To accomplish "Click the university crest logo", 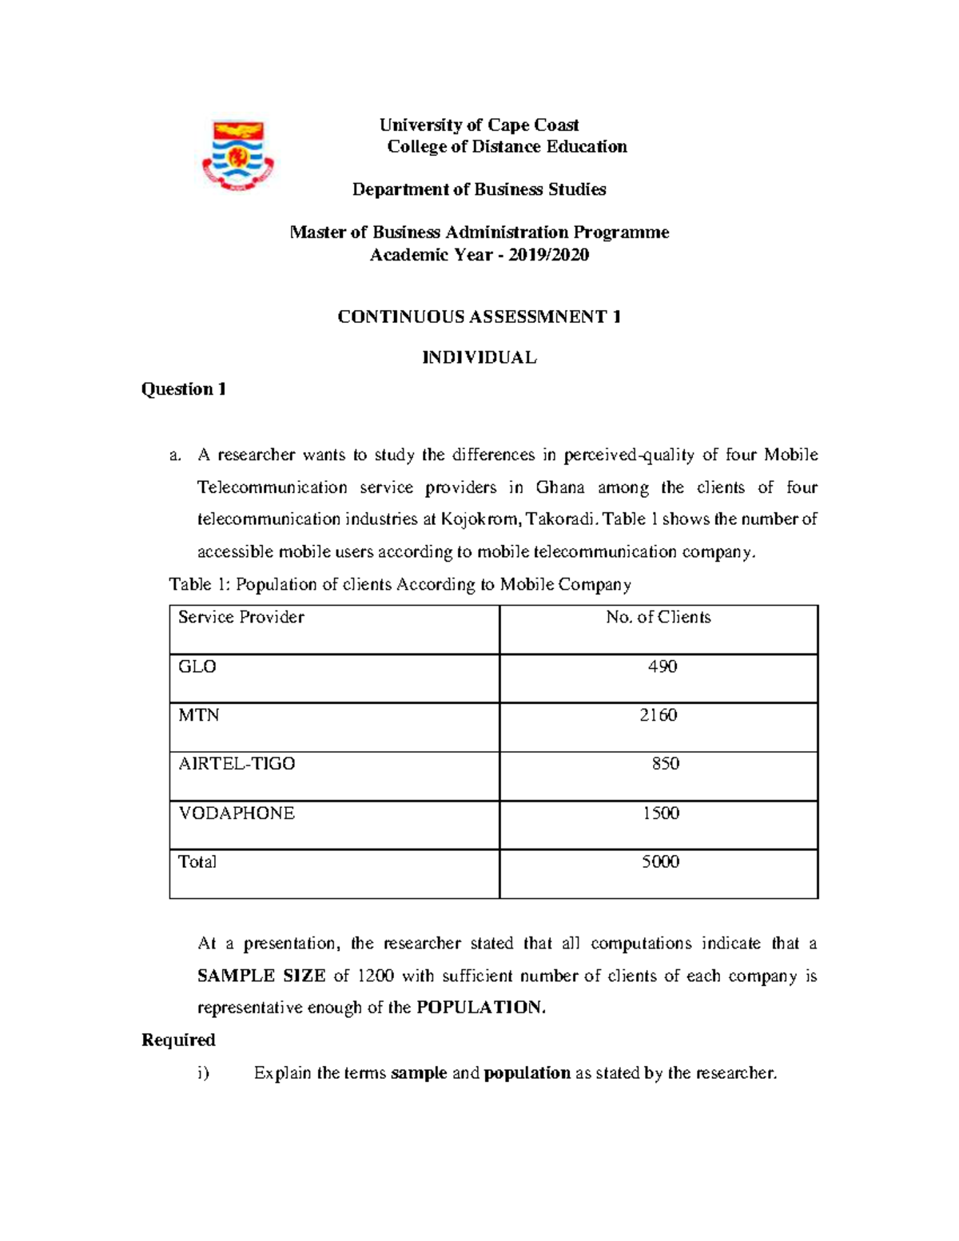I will pos(237,156).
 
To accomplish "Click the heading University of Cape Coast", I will pos(479,125).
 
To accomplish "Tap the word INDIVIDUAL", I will pos(479,357).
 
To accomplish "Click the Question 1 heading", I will pos(184,389).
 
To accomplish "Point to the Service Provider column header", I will pos(241,617).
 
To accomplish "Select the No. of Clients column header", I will pos(658,617).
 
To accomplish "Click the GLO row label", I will pos(197,666).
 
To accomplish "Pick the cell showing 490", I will pos(662,666).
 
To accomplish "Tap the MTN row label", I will pos(199,715).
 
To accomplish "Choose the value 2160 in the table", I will pos(658,715).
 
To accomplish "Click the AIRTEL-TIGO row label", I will pos(237,764).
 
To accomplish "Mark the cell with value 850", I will pos(665,764).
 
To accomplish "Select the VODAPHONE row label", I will pos(237,813).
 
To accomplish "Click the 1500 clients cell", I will pos(660,813).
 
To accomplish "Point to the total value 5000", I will pos(660,861).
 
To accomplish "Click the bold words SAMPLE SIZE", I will pos(261,976).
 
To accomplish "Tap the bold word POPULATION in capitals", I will pos(479,1008).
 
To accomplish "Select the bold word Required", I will pos(178,1040).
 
